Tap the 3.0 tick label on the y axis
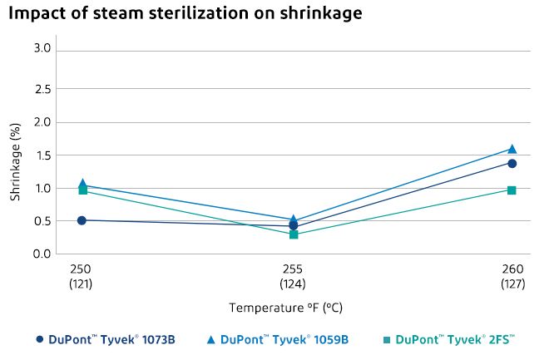42,49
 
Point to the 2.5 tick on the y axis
42,89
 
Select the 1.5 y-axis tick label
42,155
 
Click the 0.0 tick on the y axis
42,254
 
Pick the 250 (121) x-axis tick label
81,276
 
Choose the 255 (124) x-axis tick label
293,276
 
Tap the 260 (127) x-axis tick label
512,276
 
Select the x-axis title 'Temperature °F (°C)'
285,308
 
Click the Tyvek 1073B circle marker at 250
82,220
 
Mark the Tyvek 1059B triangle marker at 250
82,184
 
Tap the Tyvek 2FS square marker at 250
82,190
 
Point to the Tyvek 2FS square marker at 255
294,234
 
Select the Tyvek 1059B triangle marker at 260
512,149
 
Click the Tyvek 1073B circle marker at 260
512,163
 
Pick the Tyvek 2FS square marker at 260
512,190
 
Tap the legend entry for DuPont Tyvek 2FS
449,339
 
